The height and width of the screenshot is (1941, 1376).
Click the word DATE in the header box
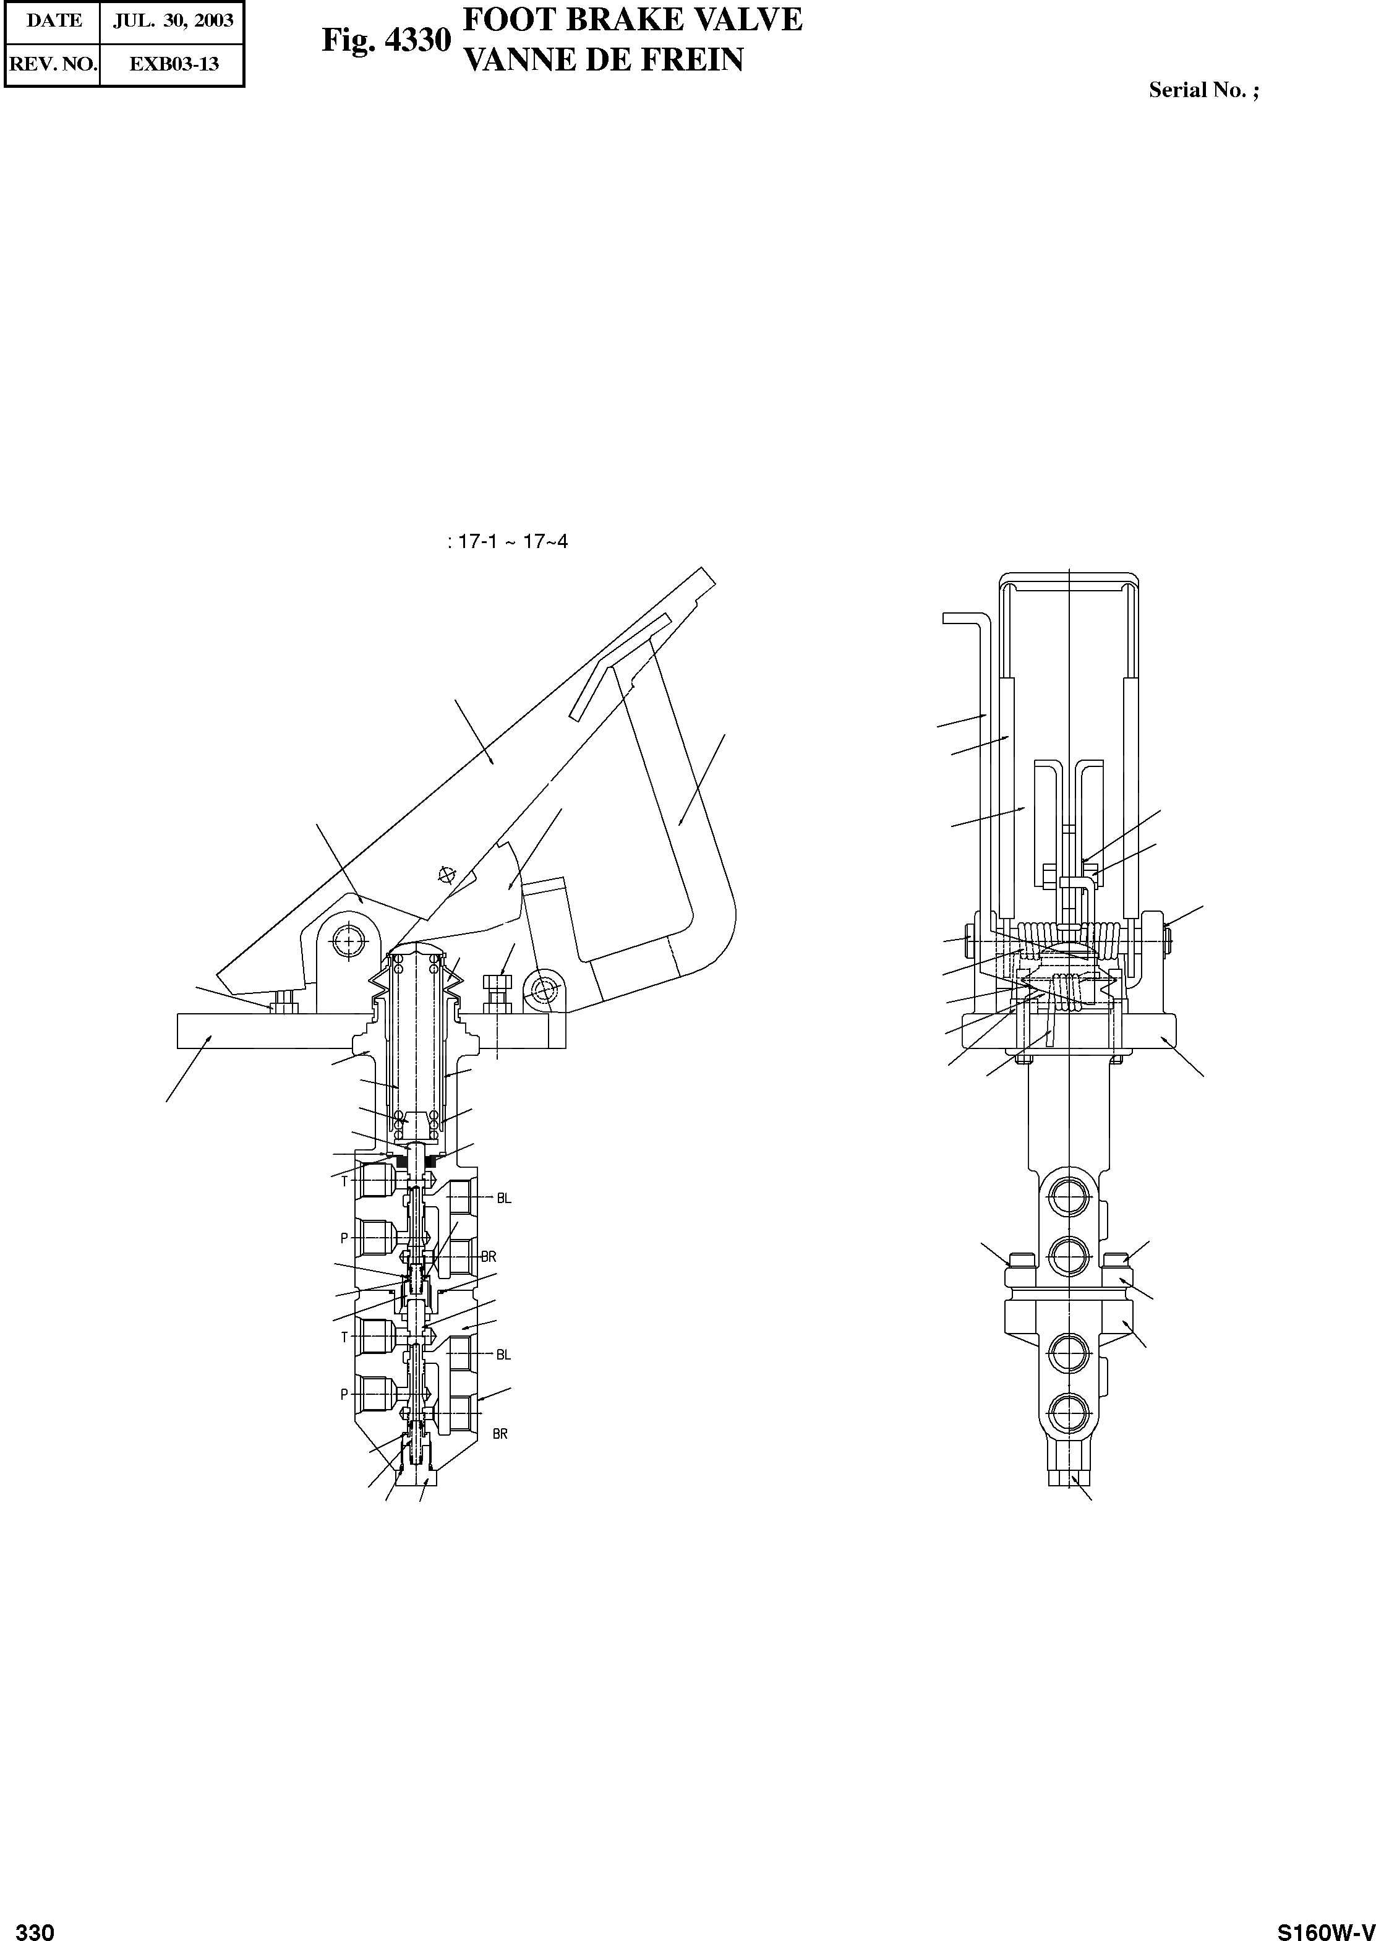53,21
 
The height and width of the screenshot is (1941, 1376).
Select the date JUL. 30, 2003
173,21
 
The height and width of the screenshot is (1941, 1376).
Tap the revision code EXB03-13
173,64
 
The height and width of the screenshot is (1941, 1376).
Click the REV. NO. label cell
53,64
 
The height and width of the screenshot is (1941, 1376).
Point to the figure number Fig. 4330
385,40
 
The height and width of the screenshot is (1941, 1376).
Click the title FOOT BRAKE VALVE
633,20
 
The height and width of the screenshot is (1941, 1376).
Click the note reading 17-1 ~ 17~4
508,541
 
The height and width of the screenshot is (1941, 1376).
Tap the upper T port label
345,1181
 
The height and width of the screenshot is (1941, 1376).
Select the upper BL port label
504,1198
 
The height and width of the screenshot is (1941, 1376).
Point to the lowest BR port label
500,1434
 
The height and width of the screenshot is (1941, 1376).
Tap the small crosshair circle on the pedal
447,875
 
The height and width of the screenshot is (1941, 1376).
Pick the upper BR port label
488,1256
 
